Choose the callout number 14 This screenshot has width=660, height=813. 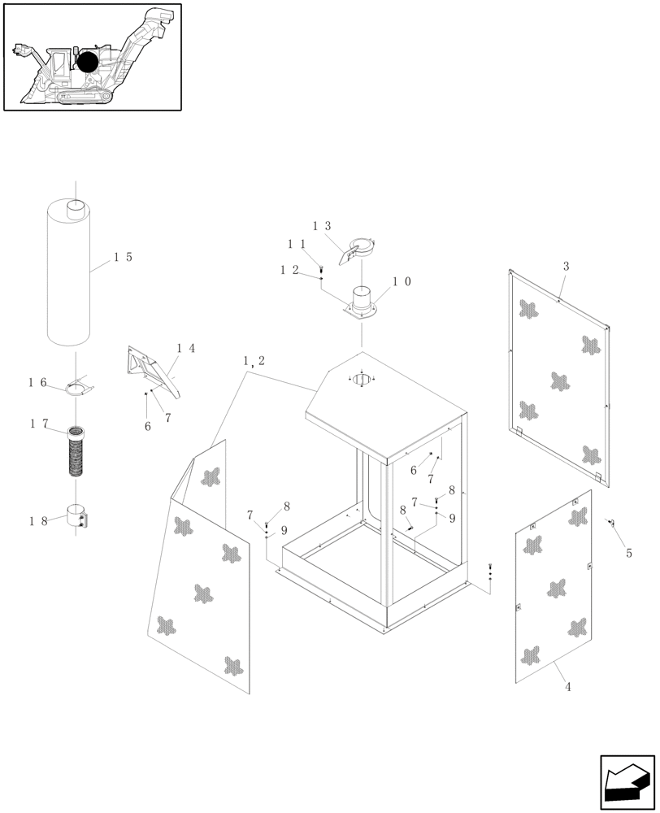[x=185, y=349]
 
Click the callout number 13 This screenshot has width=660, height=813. [x=322, y=226]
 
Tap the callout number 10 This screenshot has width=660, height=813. [x=402, y=281]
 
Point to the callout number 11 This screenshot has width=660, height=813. [x=295, y=243]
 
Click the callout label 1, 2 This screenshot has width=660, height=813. [x=254, y=360]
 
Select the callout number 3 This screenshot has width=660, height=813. [x=566, y=266]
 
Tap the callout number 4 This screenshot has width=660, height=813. [x=567, y=687]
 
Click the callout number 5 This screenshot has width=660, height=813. [x=628, y=554]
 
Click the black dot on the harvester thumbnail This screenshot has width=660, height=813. [x=87, y=62]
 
